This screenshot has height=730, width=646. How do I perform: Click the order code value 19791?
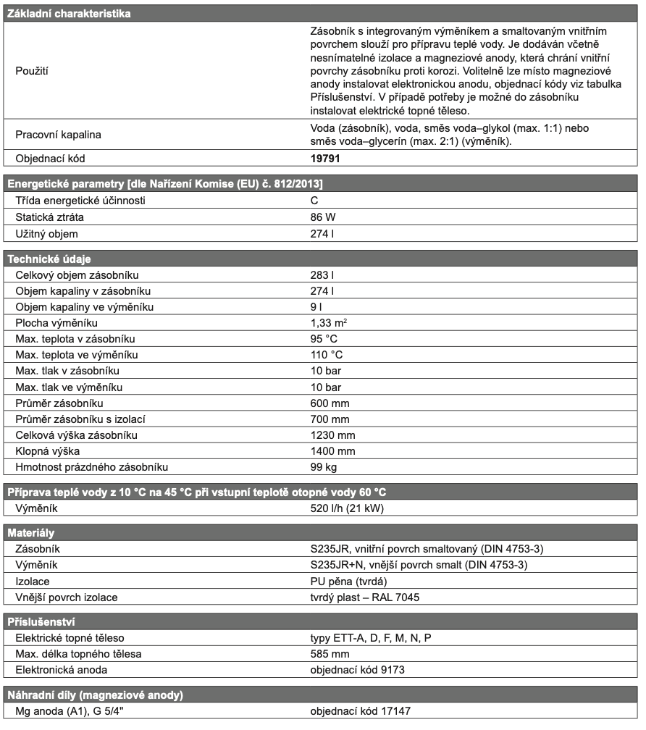(325, 157)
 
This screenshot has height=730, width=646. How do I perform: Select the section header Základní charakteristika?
(69, 13)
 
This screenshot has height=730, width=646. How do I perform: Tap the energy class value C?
(314, 200)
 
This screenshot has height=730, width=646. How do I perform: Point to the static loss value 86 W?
(322, 217)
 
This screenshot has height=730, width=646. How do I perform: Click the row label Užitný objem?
(47, 233)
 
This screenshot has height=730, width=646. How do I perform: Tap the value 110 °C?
(327, 355)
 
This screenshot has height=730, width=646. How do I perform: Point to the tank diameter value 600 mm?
(330, 403)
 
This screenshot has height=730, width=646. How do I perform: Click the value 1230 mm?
(333, 435)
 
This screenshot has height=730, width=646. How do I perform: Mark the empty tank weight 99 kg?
(323, 466)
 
